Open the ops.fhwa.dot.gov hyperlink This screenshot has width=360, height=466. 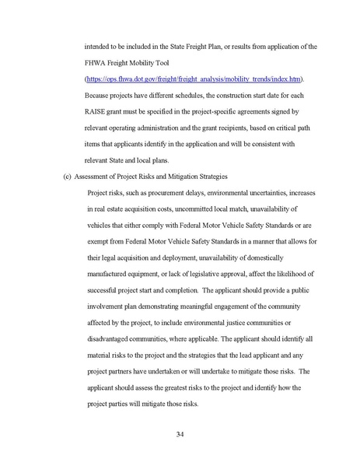coord(194,79)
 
